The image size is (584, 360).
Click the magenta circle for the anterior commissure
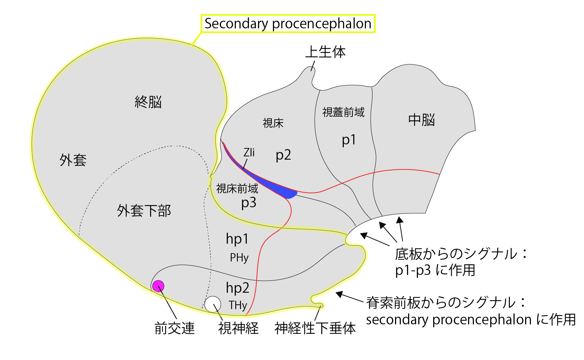pos(158,286)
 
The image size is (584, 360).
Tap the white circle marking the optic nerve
pos(213,304)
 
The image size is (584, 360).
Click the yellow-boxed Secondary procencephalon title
pos(288,24)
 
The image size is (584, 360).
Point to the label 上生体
pos(325,52)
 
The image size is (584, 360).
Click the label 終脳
pos(148,102)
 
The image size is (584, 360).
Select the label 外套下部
pos(144,211)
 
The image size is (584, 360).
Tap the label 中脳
pos(422,120)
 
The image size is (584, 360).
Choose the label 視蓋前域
pos(343,112)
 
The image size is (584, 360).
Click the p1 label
pos(349,140)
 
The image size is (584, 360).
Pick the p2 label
pos(283,155)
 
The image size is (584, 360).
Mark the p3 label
pos(249,203)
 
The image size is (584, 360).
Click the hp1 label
pos(237,239)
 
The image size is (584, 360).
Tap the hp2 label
pos(238,288)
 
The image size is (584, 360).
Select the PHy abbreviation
pos(239,258)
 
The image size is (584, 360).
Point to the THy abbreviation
pos(238,305)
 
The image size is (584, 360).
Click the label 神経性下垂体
pos(315,328)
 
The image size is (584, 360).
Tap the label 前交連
pos(175,328)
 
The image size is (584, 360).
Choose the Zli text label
pos(249,152)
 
